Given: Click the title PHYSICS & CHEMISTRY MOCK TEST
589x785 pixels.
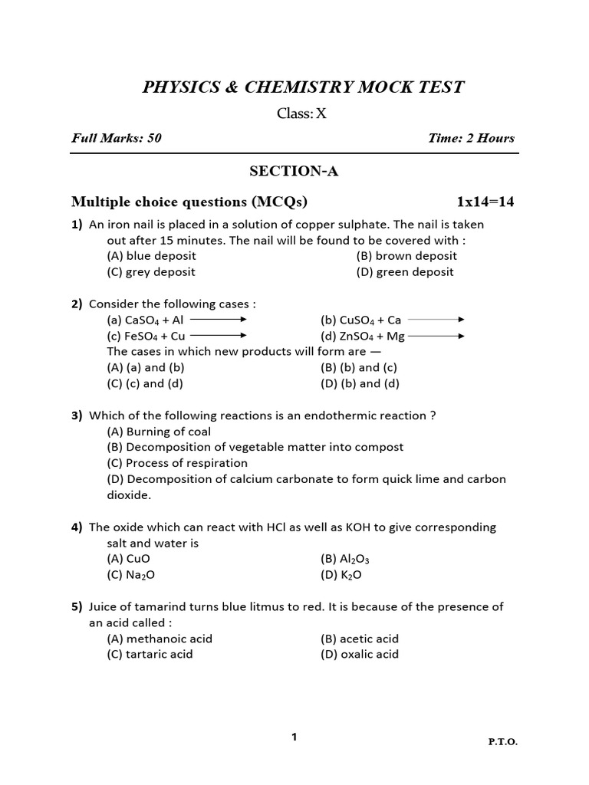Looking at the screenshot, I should click(x=303, y=87).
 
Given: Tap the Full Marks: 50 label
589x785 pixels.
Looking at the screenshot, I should click(x=117, y=139).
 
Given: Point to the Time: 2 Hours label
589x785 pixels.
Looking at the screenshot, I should click(x=472, y=139).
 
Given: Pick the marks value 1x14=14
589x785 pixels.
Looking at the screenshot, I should click(x=485, y=202).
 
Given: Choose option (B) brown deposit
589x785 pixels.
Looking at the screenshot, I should click(x=406, y=256).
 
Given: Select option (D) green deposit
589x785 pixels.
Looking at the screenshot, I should click(x=405, y=272).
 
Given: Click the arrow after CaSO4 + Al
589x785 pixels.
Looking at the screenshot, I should click(x=218, y=320).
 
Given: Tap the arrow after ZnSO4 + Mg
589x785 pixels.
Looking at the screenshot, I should click(x=437, y=336).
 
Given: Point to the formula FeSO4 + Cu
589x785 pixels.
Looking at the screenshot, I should click(x=146, y=336).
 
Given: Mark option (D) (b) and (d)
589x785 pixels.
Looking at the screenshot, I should click(x=360, y=384).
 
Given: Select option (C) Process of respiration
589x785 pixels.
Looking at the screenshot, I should click(x=177, y=463).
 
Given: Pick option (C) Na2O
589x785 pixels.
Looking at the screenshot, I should click(x=136, y=575).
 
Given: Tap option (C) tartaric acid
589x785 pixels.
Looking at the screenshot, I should click(x=150, y=655).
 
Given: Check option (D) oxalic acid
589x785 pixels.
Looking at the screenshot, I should click(x=360, y=655).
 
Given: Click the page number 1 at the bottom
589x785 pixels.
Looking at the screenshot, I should click(x=294, y=737).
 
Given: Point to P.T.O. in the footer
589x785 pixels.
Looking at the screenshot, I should click(x=502, y=742).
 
